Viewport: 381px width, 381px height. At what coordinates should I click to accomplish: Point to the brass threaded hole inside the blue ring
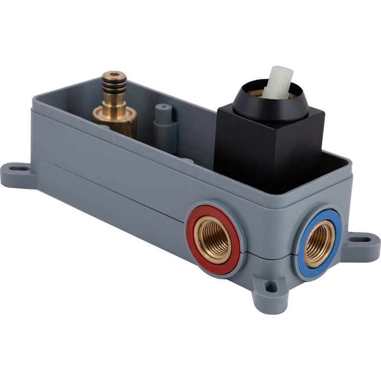point(320,243)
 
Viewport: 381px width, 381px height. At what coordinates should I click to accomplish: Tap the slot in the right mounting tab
point(365,239)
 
